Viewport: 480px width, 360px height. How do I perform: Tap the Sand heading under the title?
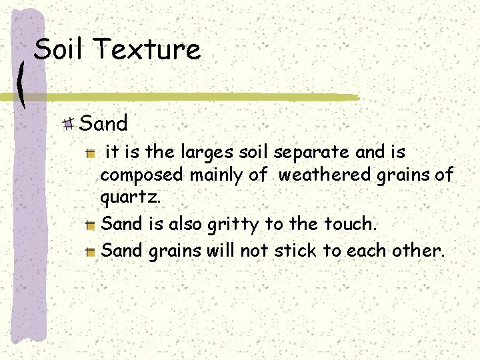point(103,123)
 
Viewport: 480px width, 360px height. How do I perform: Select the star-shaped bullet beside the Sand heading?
point(68,123)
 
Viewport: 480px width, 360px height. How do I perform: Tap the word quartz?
point(130,198)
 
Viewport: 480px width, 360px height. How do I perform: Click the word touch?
point(349,224)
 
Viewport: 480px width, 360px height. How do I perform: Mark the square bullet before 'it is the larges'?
point(91,153)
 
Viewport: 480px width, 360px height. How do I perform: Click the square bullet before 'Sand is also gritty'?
point(91,225)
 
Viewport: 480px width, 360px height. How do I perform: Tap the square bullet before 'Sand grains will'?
point(91,252)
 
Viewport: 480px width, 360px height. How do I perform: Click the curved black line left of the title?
point(23,85)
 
